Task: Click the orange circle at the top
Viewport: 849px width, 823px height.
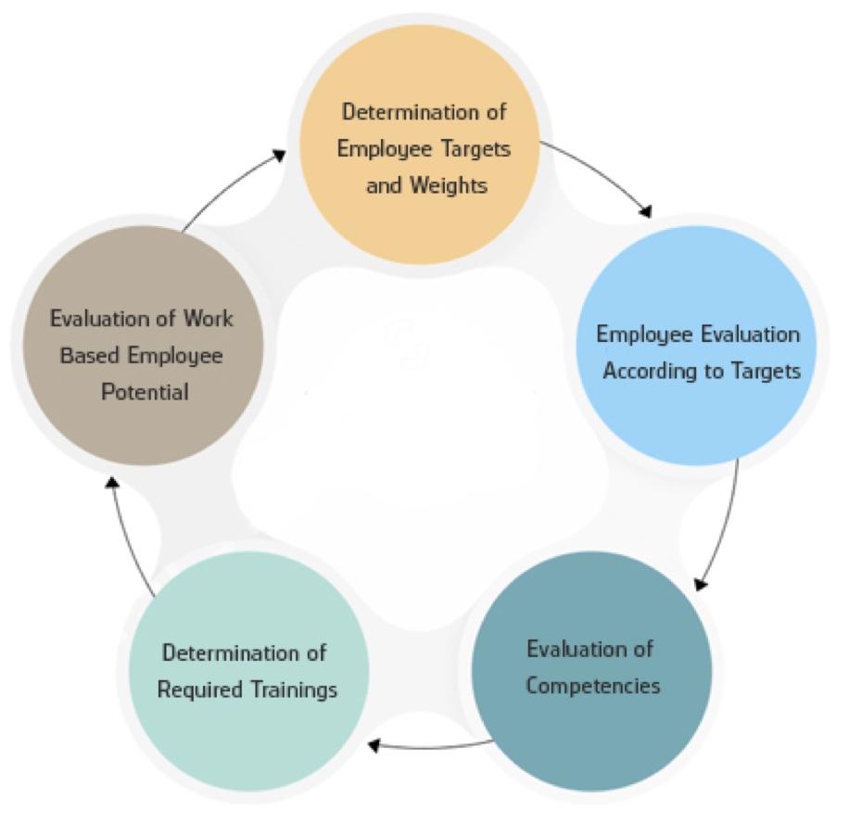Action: click(425, 148)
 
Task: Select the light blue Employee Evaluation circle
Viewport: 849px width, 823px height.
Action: click(698, 352)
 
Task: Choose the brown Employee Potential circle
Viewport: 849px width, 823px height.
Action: click(141, 356)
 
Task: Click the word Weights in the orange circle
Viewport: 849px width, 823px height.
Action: click(450, 185)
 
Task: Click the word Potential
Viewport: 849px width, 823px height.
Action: click(142, 392)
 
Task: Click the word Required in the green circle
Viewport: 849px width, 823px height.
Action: click(198, 690)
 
